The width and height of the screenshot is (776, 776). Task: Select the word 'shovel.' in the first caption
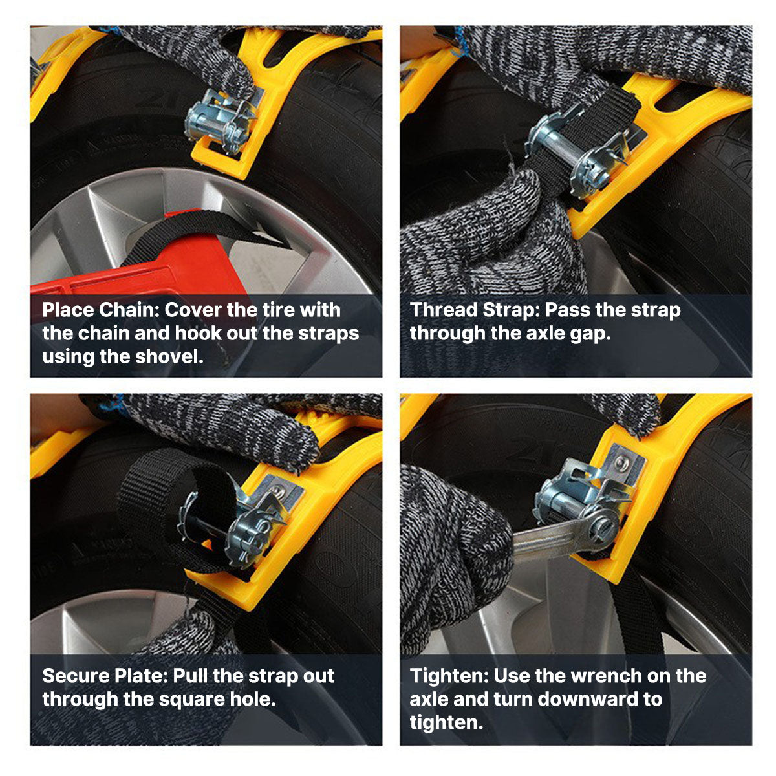(169, 356)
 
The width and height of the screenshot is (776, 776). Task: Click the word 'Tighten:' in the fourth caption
(449, 676)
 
